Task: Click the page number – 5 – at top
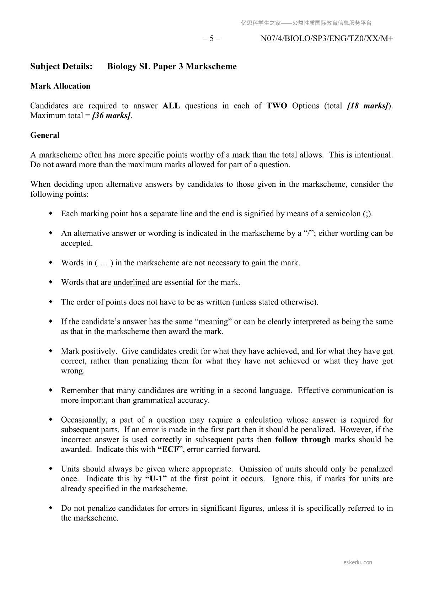[211, 38]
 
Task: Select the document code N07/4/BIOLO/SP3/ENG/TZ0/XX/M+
[327, 38]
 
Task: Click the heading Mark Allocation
[60, 86]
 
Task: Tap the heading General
[45, 135]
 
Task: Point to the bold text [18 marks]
[368, 106]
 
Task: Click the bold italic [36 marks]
[111, 116]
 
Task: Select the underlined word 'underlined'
[132, 282]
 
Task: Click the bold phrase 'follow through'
[302, 440]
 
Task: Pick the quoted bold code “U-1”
[156, 479]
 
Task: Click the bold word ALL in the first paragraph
[171, 106]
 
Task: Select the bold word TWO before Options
[277, 106]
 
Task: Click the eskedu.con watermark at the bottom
[358, 562]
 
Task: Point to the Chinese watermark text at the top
[306, 23]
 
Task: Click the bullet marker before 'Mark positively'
[50, 351]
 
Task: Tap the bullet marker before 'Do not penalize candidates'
[50, 508]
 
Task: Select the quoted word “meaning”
[213, 322]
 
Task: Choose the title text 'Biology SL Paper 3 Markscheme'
[172, 67]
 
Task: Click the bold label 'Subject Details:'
[61, 67]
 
